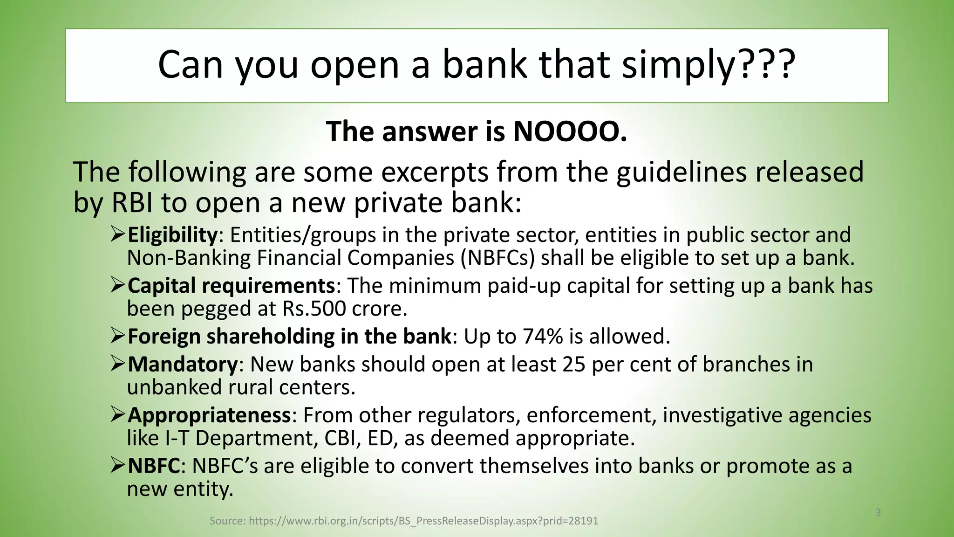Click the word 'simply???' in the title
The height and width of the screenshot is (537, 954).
pos(708,65)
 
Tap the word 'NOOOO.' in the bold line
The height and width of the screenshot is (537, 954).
pos(570,132)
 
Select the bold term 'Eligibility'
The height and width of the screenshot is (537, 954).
pos(172,235)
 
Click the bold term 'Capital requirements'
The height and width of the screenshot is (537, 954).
pos(231,286)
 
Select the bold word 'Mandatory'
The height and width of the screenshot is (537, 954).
pos(183,365)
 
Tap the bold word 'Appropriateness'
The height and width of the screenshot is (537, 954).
pos(209,415)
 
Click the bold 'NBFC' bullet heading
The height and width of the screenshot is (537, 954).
pos(154,466)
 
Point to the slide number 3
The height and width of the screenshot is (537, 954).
pos(878,513)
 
